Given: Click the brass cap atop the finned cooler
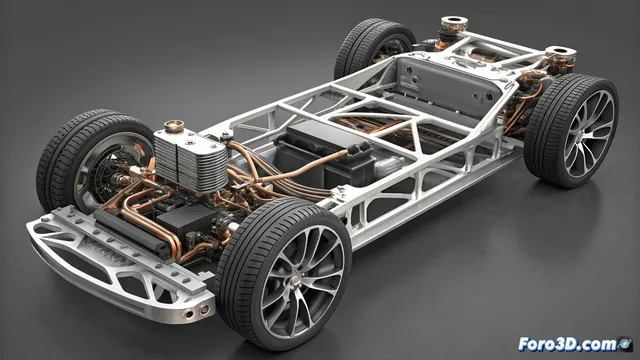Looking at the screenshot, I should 171,129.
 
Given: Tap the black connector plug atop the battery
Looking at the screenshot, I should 356,157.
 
